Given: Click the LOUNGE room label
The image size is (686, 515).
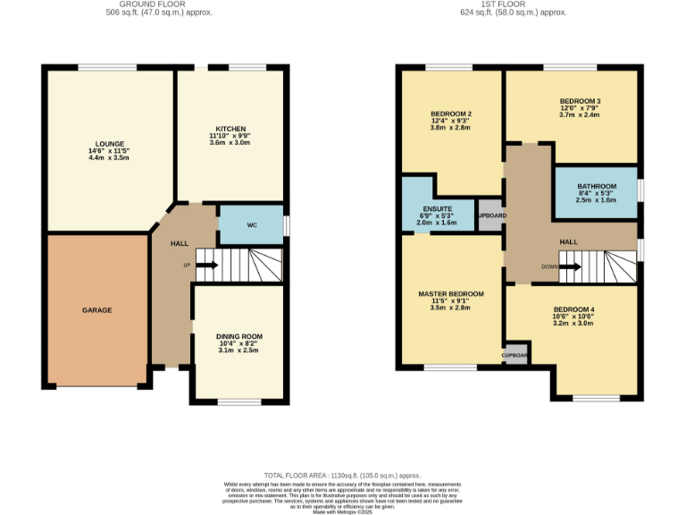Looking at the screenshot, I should (109, 143).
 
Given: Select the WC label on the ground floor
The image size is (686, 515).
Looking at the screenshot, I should (252, 225).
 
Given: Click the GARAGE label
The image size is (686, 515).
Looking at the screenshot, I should (97, 310).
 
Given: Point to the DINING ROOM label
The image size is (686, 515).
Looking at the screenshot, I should (239, 336).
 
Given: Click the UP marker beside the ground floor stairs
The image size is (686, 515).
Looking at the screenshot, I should (187, 265).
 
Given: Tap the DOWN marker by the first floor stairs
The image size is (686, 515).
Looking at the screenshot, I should (551, 266).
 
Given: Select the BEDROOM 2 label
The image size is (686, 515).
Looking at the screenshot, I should (451, 114).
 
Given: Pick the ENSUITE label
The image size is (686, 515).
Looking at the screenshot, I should (437, 207).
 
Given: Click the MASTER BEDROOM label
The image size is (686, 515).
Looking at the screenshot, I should (451, 293).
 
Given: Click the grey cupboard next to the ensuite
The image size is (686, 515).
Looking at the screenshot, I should (491, 216).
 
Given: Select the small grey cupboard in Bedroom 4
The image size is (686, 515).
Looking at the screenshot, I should (515, 355).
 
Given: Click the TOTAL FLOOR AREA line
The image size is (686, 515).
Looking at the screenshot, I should (342, 476).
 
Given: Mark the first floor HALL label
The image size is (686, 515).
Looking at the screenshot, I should (569, 242).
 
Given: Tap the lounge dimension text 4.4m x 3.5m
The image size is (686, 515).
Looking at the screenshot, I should (109, 158).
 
